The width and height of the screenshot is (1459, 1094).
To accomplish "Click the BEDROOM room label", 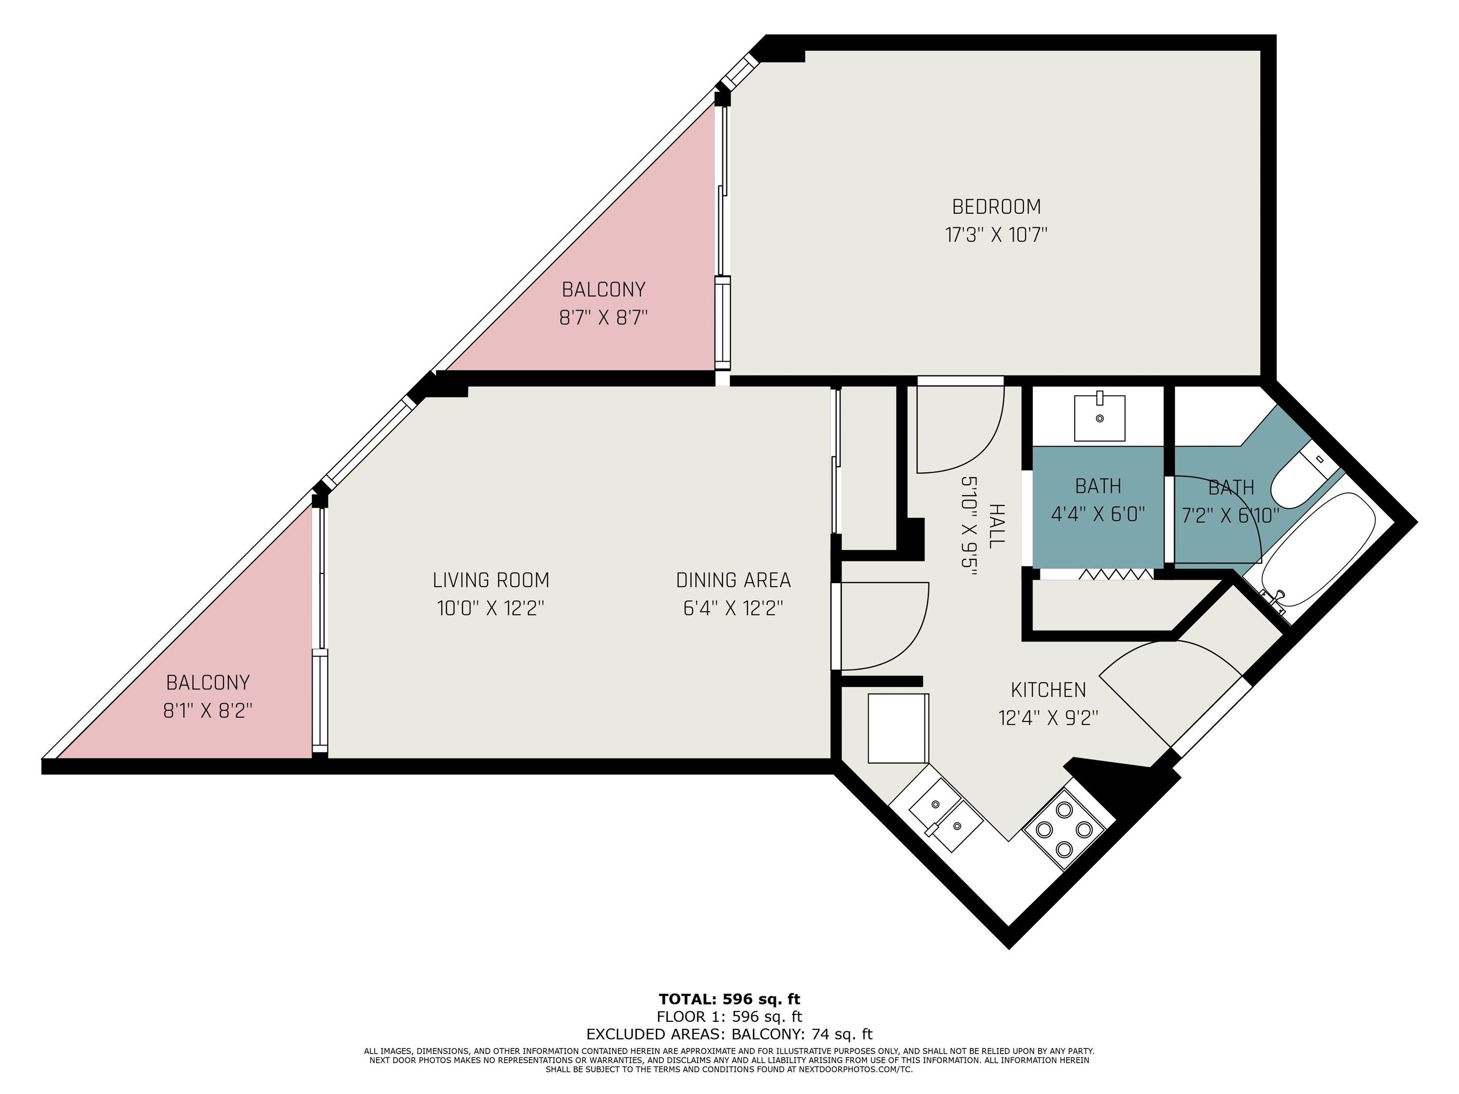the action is [996, 207].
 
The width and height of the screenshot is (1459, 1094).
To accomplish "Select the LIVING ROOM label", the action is [491, 580].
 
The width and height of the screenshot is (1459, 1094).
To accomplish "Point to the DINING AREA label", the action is [733, 580].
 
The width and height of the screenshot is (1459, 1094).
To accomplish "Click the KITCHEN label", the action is [1048, 690].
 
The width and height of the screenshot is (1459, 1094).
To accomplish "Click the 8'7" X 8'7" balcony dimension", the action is [604, 318].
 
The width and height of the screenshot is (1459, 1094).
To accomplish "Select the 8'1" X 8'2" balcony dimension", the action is [208, 711].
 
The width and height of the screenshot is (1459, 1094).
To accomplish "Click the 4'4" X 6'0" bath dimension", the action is [1098, 514].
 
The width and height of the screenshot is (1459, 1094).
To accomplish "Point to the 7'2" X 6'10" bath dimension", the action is [1231, 515].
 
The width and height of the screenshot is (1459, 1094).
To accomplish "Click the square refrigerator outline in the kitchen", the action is [899, 728].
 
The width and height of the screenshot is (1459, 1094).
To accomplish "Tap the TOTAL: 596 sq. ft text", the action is [729, 999].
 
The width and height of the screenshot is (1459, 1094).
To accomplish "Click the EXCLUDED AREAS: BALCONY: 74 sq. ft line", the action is [729, 1034].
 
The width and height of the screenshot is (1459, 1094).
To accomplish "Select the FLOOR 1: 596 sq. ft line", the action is [729, 1017].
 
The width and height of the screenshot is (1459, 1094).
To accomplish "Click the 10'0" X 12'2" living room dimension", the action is [491, 608].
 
